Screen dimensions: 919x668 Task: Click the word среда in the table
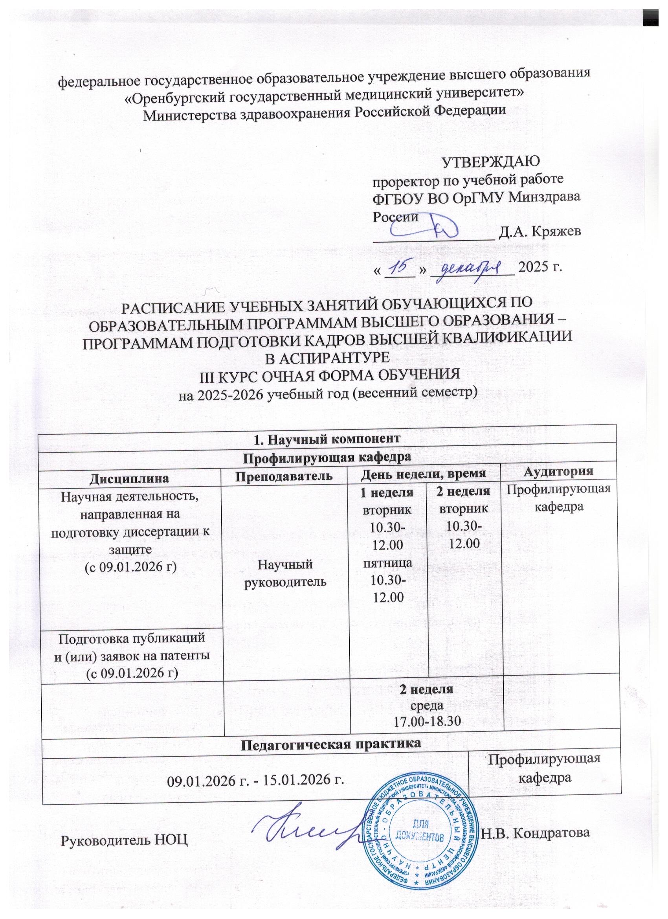(424, 704)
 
